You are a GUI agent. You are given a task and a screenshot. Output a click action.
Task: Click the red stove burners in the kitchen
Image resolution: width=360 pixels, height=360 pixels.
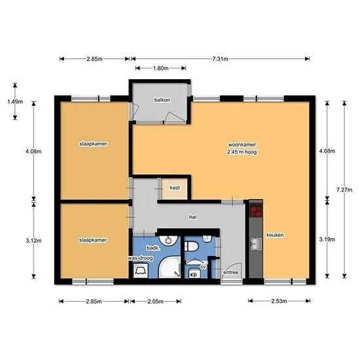click(x=256, y=211)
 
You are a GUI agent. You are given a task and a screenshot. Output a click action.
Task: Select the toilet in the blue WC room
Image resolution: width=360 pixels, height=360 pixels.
click(x=191, y=247)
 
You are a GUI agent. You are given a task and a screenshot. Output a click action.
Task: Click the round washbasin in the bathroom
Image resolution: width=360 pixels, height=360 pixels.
click(x=169, y=240)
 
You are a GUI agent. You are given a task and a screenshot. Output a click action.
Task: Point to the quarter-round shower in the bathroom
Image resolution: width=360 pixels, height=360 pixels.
click(x=170, y=268)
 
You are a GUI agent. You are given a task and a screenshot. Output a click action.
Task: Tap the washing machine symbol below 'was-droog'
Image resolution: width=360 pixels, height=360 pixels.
click(x=141, y=270)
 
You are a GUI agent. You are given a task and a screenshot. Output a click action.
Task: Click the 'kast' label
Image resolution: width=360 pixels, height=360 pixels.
click(x=175, y=188)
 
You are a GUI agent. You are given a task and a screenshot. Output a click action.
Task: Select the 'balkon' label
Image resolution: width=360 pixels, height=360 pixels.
click(x=162, y=100)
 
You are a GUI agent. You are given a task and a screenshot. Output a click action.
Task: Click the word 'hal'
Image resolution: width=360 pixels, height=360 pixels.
click(x=192, y=217)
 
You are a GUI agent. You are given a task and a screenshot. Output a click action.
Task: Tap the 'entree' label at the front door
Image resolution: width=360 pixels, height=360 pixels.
click(x=230, y=272)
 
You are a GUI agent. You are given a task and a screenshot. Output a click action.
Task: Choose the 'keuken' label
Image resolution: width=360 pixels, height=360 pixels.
click(x=275, y=235)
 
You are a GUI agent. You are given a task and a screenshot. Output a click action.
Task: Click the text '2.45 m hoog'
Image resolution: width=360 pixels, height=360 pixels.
click(x=242, y=152)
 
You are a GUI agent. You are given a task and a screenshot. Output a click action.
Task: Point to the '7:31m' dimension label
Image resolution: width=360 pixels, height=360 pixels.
click(x=220, y=59)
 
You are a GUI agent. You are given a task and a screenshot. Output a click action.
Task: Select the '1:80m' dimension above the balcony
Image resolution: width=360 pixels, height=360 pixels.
click(x=161, y=68)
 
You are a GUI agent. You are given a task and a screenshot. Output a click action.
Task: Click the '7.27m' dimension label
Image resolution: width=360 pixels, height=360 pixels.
click(x=344, y=190)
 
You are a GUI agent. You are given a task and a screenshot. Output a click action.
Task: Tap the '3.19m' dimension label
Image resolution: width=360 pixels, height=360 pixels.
click(x=327, y=240)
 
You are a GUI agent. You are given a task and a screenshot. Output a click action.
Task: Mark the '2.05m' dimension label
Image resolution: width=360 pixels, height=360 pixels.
click(x=155, y=302)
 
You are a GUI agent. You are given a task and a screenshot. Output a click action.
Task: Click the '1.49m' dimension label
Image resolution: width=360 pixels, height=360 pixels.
click(x=15, y=101)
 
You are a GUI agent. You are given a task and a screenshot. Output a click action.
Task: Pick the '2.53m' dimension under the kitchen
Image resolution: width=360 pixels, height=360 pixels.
click(x=279, y=301)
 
